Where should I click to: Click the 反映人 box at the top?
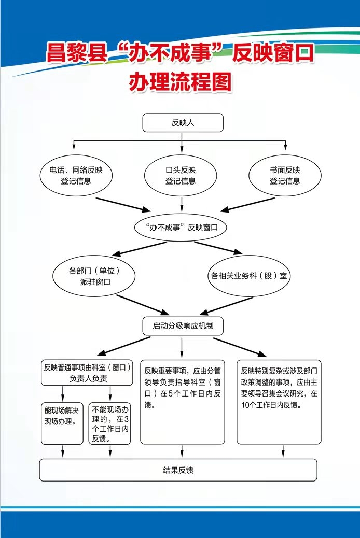(183, 122)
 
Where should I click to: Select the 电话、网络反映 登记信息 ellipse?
(76, 175)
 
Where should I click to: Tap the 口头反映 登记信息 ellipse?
(181, 175)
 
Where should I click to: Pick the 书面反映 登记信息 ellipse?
(285, 175)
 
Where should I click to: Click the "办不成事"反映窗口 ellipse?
(181, 227)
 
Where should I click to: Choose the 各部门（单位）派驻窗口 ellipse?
(94, 276)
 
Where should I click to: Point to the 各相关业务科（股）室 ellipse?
(248, 276)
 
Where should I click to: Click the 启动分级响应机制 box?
(183, 325)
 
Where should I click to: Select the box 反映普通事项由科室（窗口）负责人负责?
(87, 373)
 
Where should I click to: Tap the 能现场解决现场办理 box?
(62, 423)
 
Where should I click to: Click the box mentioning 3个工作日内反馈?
(109, 423)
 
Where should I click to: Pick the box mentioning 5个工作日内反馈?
(183, 402)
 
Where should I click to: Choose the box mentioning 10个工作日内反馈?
(279, 402)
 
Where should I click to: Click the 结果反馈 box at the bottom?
(178, 470)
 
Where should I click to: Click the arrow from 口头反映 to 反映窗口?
(182, 205)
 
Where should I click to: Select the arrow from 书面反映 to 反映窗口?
(247, 205)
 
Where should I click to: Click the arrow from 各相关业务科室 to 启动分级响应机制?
(226, 306)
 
